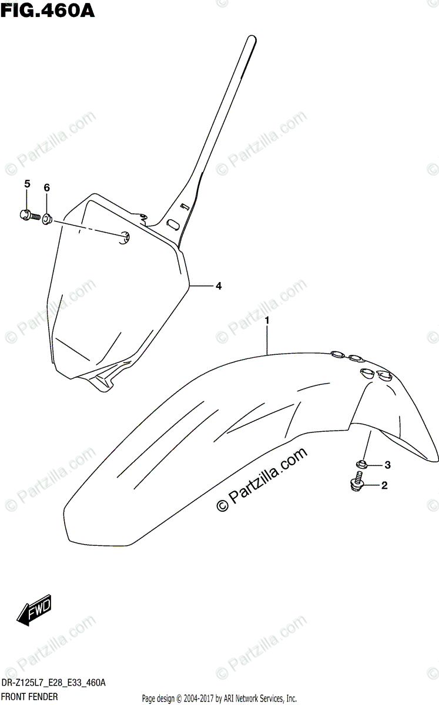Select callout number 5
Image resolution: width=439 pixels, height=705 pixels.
[27, 185]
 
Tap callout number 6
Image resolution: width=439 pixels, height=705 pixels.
[47, 187]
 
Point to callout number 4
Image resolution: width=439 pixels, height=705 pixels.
[218, 286]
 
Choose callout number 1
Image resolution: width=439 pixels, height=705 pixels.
[267, 321]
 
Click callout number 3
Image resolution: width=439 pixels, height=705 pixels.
[387, 465]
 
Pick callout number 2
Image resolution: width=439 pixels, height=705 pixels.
[384, 485]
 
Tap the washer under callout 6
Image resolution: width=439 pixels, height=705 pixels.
[48, 219]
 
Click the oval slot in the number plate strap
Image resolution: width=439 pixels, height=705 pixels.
[175, 224]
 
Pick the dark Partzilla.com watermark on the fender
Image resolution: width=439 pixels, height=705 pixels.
[263, 480]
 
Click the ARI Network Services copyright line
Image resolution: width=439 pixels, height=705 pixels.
[219, 699]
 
